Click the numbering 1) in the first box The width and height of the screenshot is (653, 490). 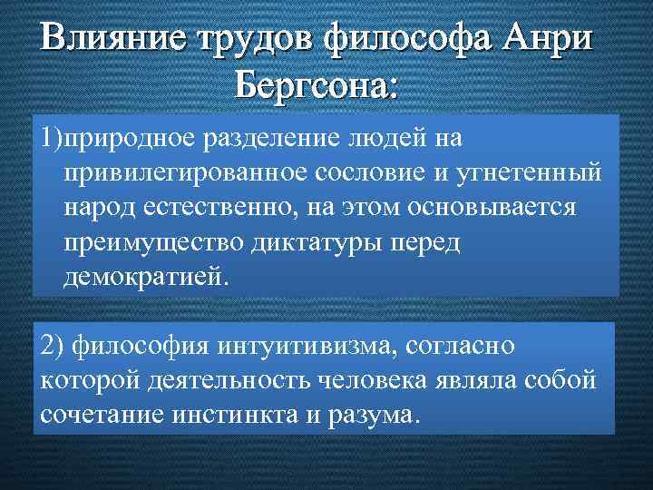pos(52,139)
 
